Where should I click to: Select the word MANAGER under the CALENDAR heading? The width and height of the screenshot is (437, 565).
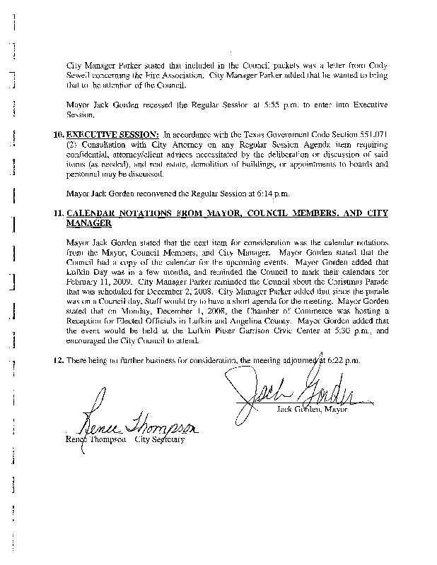tap(88, 223)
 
